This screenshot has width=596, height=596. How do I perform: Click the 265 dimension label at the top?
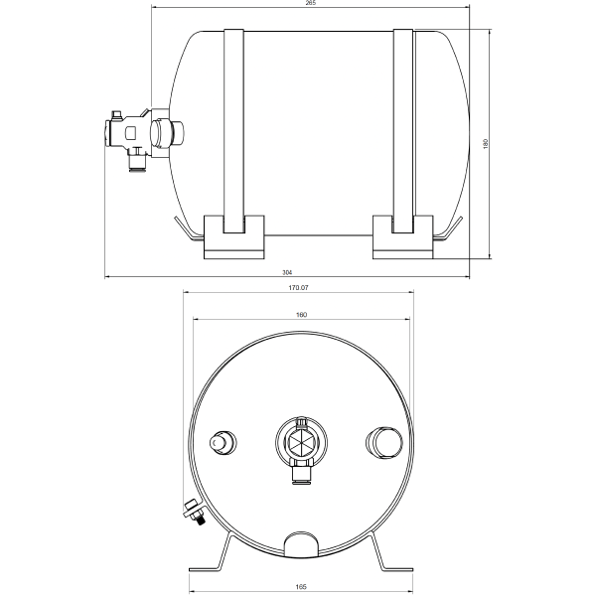(x=310, y=4)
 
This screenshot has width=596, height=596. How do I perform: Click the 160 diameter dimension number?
(x=302, y=315)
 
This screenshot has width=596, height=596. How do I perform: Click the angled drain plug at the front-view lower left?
(x=191, y=511)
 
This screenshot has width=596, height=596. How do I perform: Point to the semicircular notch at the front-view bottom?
(x=302, y=543)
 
